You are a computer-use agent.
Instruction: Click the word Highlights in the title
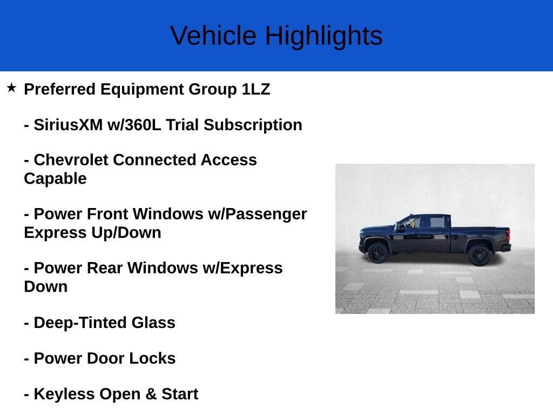pos(324,36)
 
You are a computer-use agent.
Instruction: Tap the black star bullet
pos(11,88)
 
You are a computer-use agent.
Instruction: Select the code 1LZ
pos(255,89)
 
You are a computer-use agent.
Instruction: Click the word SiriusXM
pos(69,125)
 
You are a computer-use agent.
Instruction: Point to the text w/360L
pos(134,125)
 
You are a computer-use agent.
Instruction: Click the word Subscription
pos(253,125)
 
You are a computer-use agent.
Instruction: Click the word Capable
pos(56,179)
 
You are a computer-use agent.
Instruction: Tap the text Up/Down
pos(126,233)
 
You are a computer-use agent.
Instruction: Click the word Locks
pos(152,358)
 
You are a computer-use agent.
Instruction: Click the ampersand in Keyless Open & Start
pos(151,394)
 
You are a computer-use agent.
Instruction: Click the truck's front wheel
pos(377,253)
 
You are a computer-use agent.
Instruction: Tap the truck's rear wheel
pos(479,255)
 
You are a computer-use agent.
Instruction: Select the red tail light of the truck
pos(508,235)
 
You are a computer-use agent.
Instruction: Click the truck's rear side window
pos(437,222)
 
